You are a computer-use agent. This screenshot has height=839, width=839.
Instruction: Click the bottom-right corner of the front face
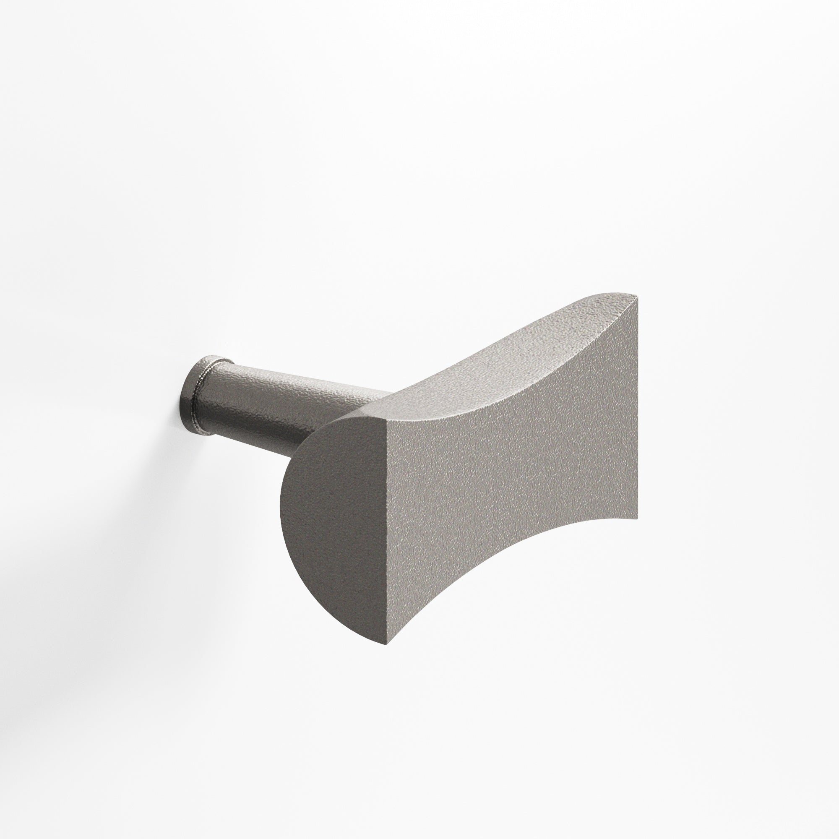click(637, 518)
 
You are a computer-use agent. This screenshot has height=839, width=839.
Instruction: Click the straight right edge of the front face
click(637, 408)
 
